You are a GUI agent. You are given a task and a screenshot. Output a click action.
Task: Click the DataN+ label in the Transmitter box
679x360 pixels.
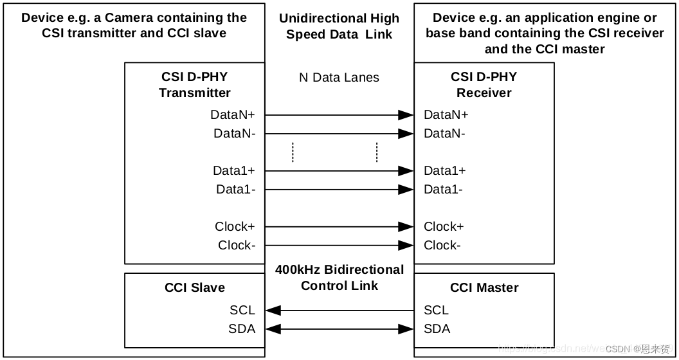(233, 115)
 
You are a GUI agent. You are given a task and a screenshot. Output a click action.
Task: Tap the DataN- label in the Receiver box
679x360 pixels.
(444, 134)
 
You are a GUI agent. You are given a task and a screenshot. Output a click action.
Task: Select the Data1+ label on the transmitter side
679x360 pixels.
(234, 171)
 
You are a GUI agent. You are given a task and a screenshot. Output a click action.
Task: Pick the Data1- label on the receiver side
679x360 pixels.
(443, 190)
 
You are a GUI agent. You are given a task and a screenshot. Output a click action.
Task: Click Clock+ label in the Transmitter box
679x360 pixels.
(235, 227)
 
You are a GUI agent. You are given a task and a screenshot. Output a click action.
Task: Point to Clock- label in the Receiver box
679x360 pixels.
(442, 246)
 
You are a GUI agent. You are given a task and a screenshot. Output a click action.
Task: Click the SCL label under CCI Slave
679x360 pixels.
(242, 310)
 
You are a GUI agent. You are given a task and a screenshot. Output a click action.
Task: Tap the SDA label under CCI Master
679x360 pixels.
(437, 329)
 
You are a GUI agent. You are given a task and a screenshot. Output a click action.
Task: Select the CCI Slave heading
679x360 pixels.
(195, 288)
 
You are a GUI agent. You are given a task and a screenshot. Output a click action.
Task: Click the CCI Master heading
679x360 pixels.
(484, 288)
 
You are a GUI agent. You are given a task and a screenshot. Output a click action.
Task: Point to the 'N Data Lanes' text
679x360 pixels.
(339, 78)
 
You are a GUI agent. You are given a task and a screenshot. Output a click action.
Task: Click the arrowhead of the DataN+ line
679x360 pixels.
(405, 115)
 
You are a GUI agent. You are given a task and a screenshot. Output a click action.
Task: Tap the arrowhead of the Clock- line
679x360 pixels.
(405, 246)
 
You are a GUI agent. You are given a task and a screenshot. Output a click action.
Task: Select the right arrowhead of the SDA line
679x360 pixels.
(405, 329)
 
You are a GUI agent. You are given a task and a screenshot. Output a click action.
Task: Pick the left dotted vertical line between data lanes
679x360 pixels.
(293, 152)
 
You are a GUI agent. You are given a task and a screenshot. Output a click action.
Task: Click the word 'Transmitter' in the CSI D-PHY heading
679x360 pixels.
(195, 93)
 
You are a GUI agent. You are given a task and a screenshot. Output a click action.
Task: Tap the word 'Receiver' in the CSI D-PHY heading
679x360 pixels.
(484, 93)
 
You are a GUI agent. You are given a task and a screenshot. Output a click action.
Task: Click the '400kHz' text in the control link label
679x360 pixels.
(298, 270)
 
